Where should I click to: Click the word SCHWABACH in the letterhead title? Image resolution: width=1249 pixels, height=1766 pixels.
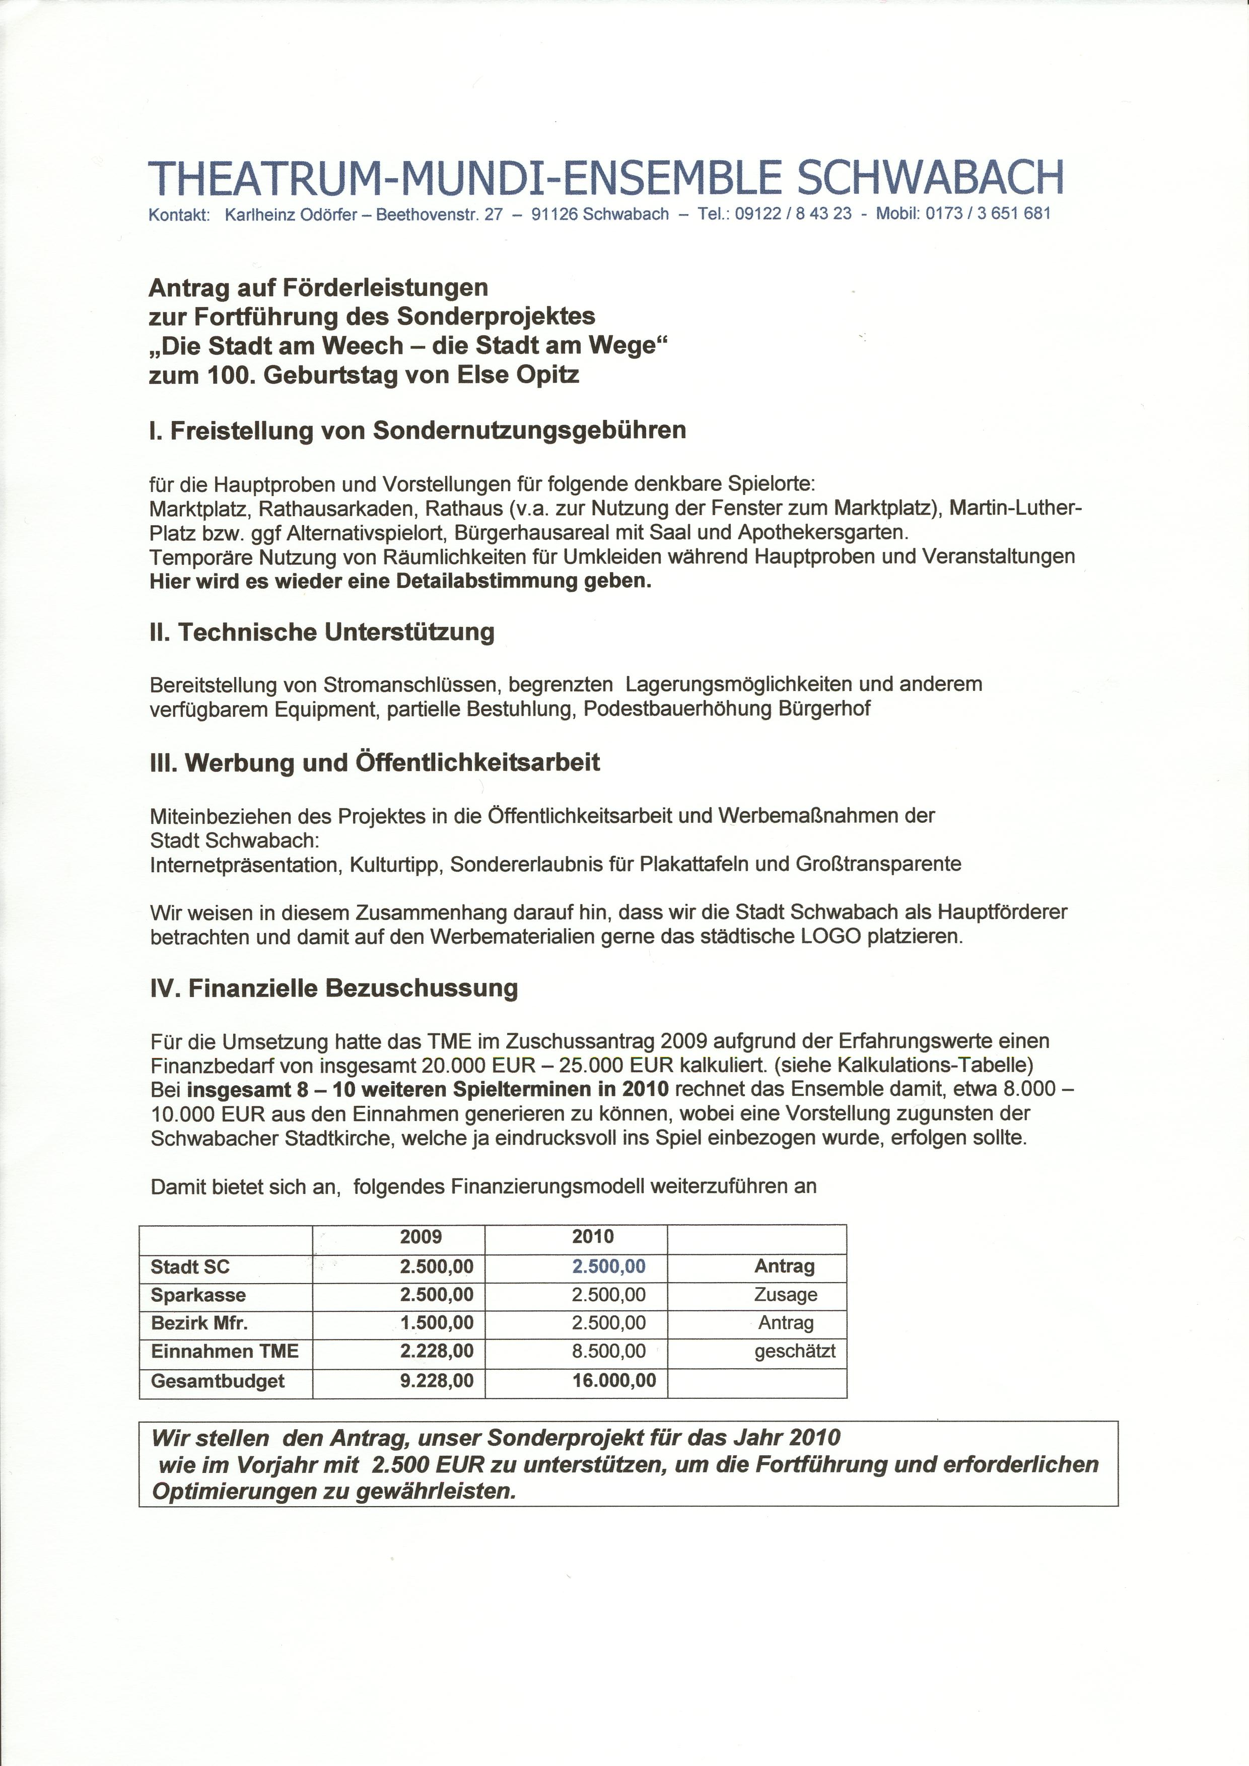click(931, 178)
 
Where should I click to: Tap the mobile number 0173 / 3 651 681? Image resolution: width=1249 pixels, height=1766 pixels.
click(988, 214)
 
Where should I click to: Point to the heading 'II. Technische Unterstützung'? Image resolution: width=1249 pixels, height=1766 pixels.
click(321, 632)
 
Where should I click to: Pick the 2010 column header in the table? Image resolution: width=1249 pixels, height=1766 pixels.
click(593, 1237)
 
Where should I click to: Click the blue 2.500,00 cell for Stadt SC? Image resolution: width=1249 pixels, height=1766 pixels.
click(608, 1266)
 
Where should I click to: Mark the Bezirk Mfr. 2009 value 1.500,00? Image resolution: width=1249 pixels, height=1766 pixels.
click(436, 1323)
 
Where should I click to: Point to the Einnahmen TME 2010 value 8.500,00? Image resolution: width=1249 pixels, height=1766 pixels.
click(608, 1352)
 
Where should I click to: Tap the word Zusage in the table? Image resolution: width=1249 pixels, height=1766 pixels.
click(785, 1295)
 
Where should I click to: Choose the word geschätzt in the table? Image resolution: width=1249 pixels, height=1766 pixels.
click(794, 1352)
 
